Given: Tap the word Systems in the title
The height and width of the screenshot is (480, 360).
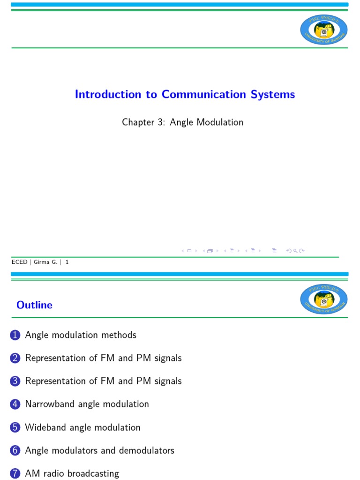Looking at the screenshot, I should tap(273, 94).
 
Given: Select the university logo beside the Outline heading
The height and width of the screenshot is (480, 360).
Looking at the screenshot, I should tap(323, 300).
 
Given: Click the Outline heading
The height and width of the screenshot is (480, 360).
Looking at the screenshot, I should tap(34, 305).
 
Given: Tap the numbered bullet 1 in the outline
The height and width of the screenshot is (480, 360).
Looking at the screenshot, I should tap(15, 335).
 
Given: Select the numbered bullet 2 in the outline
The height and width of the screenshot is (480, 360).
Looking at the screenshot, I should tap(15, 358).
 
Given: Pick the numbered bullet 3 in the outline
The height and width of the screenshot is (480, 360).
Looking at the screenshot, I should tap(15, 381).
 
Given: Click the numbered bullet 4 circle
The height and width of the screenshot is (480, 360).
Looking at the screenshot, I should tap(15, 404).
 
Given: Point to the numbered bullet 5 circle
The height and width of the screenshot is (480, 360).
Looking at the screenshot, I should tap(15, 427).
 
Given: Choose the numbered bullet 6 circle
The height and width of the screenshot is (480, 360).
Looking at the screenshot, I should tap(15, 450).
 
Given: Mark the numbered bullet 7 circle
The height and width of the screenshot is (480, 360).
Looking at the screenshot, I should tap(15, 473).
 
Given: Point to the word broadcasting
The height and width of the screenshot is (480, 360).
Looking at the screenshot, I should tap(93, 474).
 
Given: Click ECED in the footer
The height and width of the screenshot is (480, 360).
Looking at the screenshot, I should tap(19, 262).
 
